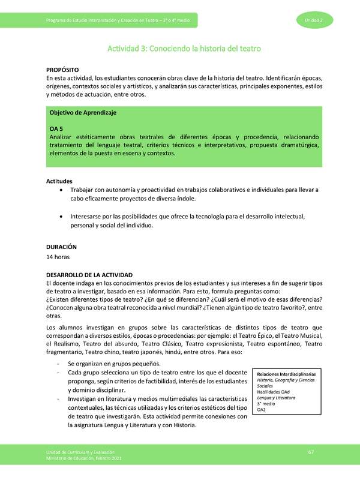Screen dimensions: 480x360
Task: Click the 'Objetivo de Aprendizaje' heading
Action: [82, 113]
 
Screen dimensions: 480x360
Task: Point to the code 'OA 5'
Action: [56, 128]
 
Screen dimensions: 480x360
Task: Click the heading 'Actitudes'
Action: [59, 181]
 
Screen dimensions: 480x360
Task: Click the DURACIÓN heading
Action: [61, 247]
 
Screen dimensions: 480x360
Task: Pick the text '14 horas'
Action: [58, 257]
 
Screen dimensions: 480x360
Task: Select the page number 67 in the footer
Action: [311, 451]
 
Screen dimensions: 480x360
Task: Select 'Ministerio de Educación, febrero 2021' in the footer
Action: [87, 458]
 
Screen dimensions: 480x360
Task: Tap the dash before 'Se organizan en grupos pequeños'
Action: [57, 364]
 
